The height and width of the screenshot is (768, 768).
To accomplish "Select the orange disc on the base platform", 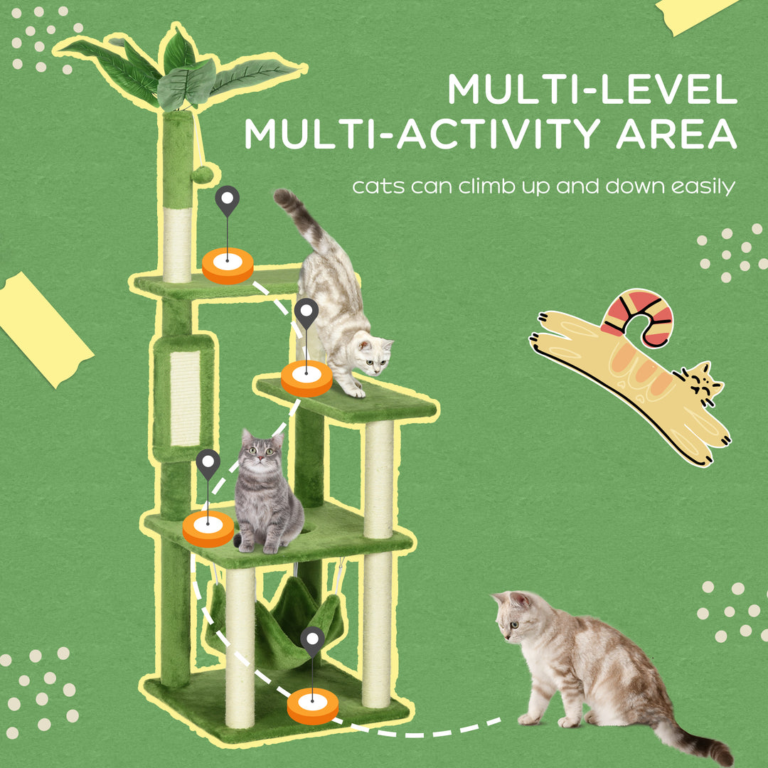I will point(312,708).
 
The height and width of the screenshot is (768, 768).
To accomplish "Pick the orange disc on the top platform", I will point(228,265).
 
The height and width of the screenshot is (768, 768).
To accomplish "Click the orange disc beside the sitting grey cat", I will point(208,529).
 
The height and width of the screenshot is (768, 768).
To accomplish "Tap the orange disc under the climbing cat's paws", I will point(306,378).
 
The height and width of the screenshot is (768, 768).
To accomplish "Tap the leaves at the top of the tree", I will point(178,71).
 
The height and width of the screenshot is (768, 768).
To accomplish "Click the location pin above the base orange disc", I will point(312,641).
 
